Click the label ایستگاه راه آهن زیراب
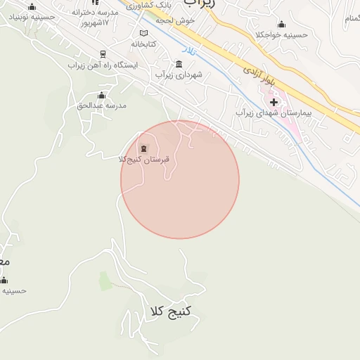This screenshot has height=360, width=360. coord(103,65)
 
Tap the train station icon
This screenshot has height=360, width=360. coord(103,53)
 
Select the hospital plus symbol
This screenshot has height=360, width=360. coord(274,103)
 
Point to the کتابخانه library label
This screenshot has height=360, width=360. coord(144,44)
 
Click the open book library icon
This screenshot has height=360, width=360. coord(144,33)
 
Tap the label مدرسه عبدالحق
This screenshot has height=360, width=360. coord(101,105)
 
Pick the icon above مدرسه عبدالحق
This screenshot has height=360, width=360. coord(101,95)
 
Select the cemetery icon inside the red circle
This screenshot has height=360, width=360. coord(144,148)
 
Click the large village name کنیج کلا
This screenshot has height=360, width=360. coord(171,310)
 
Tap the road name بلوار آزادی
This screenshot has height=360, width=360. coord(258,77)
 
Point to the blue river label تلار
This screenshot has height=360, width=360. coord(188,51)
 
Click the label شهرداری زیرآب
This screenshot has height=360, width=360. coord(179,74)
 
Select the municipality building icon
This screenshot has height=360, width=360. coord(179,63)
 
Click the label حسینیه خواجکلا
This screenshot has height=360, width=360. coord(281,34)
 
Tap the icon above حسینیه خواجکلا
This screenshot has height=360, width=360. coord(281,24)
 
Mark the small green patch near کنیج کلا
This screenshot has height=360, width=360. coord(105,281)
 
